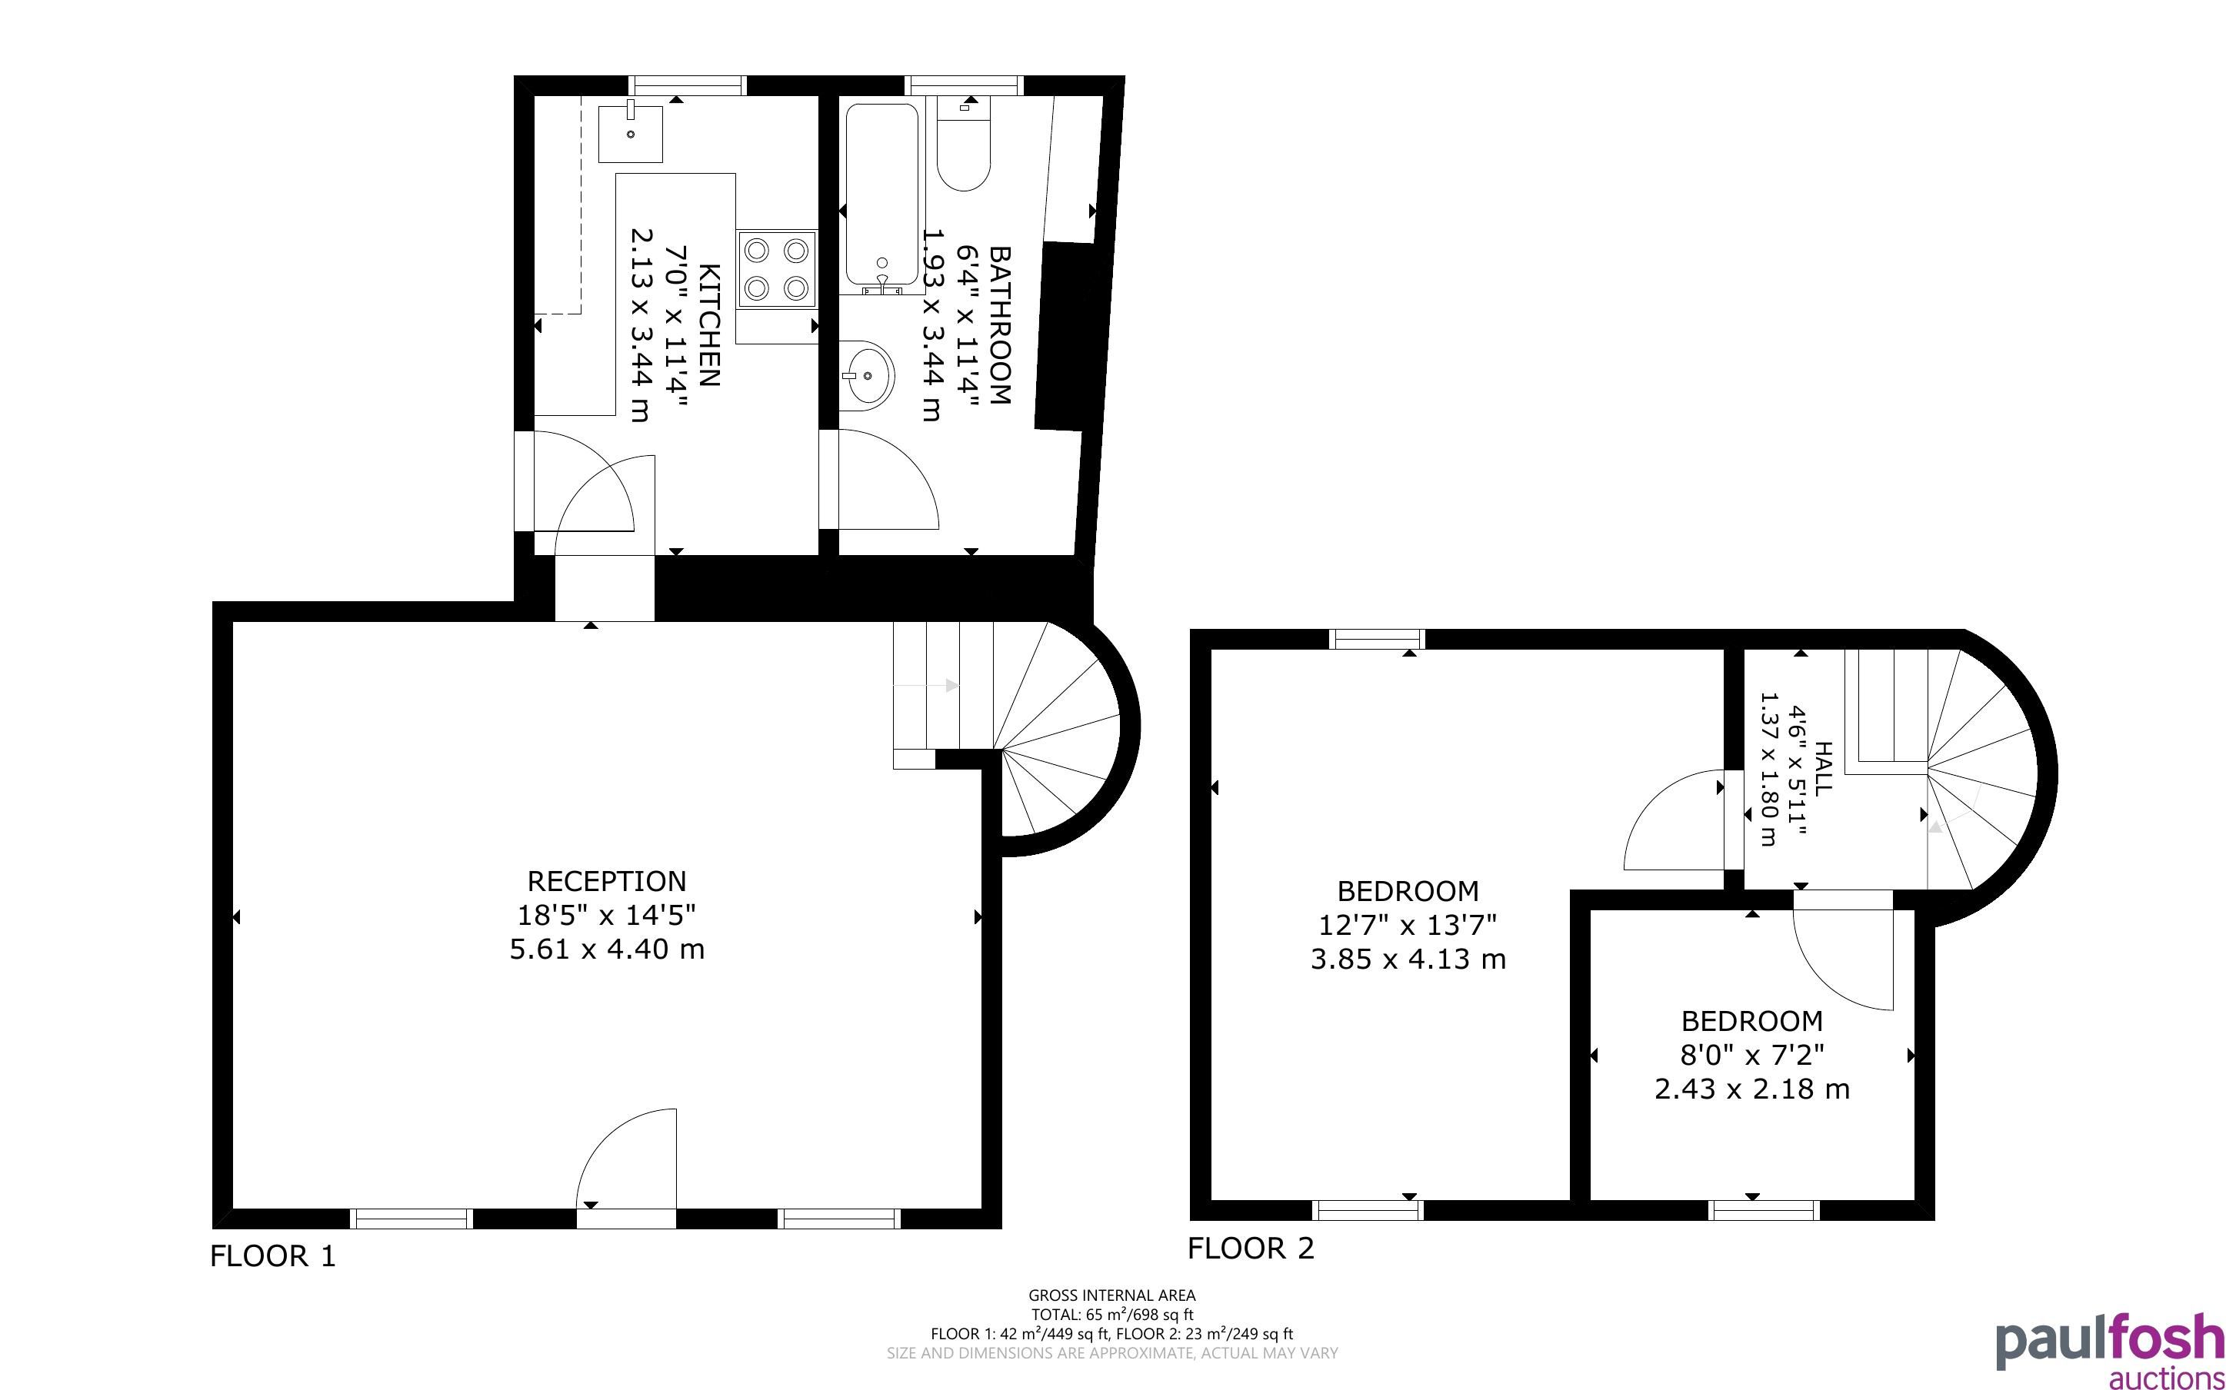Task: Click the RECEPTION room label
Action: (x=607, y=881)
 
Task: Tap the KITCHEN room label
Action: (x=710, y=324)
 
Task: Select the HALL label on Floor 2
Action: (x=1823, y=769)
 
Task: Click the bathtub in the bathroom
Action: (x=881, y=198)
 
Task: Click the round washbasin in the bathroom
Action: (x=865, y=375)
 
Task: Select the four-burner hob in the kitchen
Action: (x=776, y=268)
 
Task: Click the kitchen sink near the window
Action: (x=631, y=133)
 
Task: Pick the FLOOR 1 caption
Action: (x=273, y=1255)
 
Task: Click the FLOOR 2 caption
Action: (x=1251, y=1249)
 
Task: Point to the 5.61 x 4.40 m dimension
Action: (x=607, y=949)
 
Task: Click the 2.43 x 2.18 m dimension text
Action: (x=1751, y=1089)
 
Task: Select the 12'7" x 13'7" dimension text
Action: (x=1408, y=925)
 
